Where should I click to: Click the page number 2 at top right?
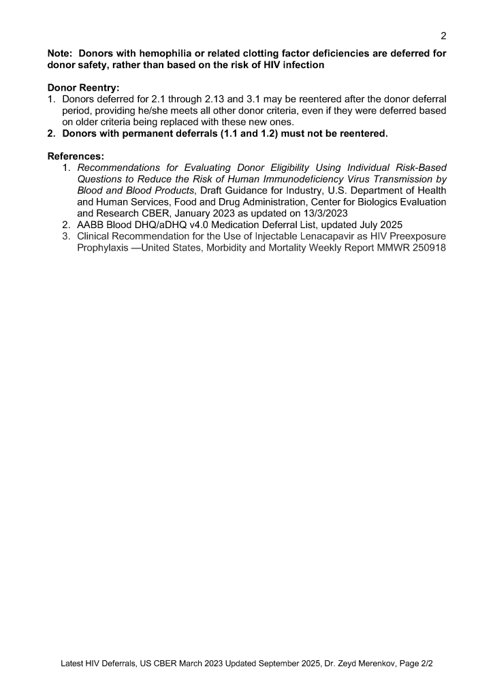(443, 35)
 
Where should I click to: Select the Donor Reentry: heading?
(84, 87)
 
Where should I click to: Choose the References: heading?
(76, 156)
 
